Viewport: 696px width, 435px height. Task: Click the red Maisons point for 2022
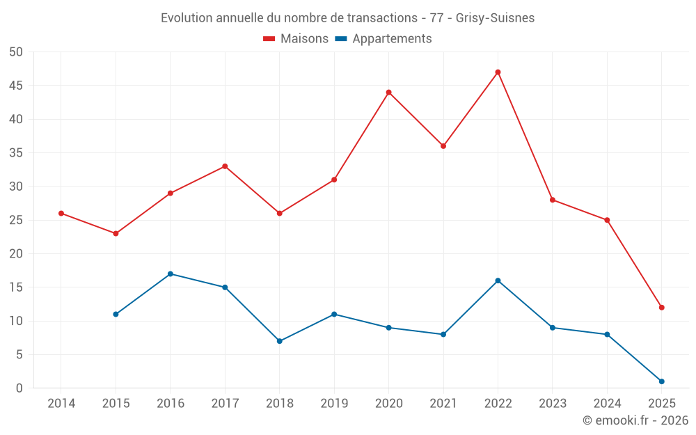pyautogui.click(x=498, y=72)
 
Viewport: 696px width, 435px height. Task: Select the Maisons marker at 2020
pyautogui.click(x=388, y=93)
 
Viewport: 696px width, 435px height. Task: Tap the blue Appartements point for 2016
pyautogui.click(x=171, y=274)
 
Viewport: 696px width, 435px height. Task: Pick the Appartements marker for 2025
pyautogui.click(x=661, y=381)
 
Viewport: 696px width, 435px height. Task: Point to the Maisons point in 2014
pyautogui.click(x=61, y=214)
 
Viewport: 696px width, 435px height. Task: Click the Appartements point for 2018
pyautogui.click(x=280, y=341)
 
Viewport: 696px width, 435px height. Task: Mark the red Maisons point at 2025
pyautogui.click(x=661, y=308)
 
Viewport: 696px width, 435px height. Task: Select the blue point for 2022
pyautogui.click(x=498, y=280)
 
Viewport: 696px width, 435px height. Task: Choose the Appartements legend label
pyautogui.click(x=392, y=39)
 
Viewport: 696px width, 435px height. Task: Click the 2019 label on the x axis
pyautogui.click(x=334, y=403)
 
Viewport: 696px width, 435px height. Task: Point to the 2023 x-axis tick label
pyautogui.click(x=553, y=403)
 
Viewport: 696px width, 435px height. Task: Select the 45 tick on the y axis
pyautogui.click(x=16, y=86)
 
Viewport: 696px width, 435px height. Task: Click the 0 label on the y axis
pyautogui.click(x=19, y=388)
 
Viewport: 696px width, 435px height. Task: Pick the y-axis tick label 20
pyautogui.click(x=16, y=254)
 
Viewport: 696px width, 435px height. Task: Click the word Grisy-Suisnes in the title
pyautogui.click(x=495, y=18)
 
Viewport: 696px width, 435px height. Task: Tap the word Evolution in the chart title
pyautogui.click(x=187, y=18)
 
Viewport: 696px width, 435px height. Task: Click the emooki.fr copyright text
pyautogui.click(x=635, y=420)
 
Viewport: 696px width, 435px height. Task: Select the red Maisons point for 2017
pyautogui.click(x=225, y=166)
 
